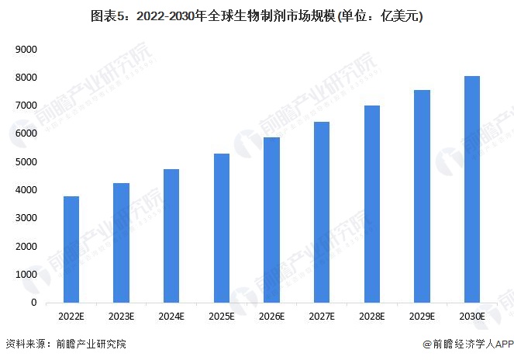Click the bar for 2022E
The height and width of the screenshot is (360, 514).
point(71,249)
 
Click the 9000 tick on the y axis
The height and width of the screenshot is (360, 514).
point(28,50)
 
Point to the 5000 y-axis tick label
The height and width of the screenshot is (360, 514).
point(28,162)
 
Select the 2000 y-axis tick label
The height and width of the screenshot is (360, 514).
point(28,246)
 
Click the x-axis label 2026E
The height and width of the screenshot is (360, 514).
point(271,317)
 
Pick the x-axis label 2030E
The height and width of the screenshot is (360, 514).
point(472,317)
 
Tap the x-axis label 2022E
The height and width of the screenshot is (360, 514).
point(71,317)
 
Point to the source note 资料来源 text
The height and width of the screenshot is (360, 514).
point(66,344)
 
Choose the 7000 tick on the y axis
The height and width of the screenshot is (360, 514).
point(28,106)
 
